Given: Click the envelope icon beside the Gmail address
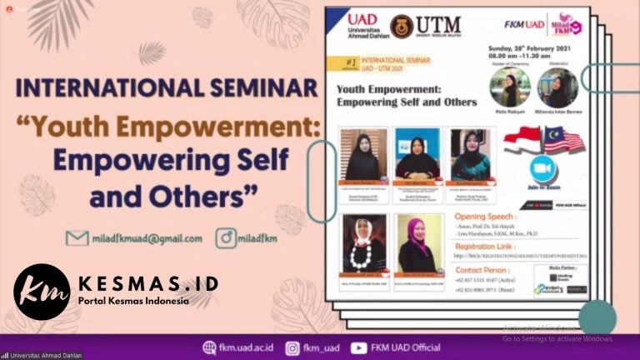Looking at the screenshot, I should pyautogui.click(x=77, y=238).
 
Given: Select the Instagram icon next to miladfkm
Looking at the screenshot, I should pyautogui.click(x=224, y=238).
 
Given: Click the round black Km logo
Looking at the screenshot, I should pyautogui.click(x=42, y=292).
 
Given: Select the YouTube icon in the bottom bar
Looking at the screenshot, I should pyautogui.click(x=359, y=347).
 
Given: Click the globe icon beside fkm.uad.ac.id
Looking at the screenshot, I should pyautogui.click(x=210, y=347).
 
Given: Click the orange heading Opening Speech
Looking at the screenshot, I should pyautogui.click(x=466, y=216).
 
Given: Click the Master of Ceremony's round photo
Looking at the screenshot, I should pyautogui.click(x=506, y=87).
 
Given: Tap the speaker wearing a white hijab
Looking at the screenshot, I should pyautogui.click(x=364, y=242).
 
